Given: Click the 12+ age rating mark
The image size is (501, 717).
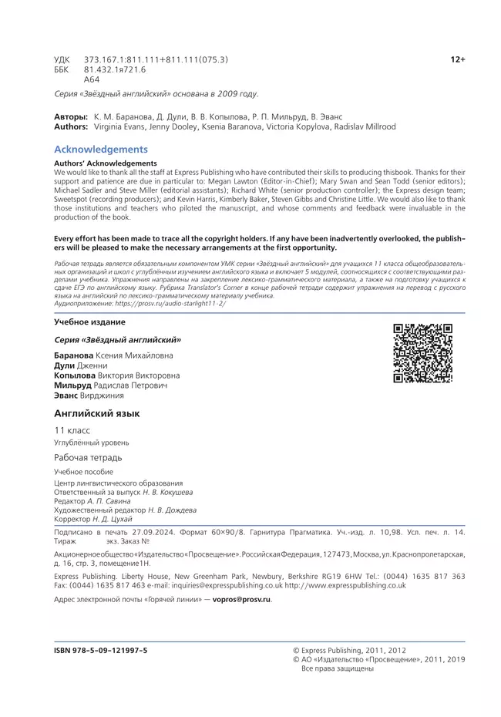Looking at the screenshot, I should coord(457,59).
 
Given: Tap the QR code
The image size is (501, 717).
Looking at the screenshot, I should coord(422,353).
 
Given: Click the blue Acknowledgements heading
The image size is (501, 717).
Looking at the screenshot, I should coord(101,149).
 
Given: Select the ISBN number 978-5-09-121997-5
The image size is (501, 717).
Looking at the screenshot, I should coord(100,651).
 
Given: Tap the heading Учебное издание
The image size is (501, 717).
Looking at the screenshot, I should coord(89,321).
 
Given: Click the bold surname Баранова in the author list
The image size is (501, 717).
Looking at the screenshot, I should coord(74,355).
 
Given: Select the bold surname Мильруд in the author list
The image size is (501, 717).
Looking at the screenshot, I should coord(72,385).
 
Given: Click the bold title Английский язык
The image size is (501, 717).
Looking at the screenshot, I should coord(96,413).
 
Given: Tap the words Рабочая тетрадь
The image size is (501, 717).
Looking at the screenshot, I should coord(88,457).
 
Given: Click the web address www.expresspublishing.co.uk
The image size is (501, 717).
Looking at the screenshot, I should coord(345,585).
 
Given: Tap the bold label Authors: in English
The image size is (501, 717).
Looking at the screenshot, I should coord(71,126).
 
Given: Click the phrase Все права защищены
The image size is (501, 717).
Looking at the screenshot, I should coord(338,668).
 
